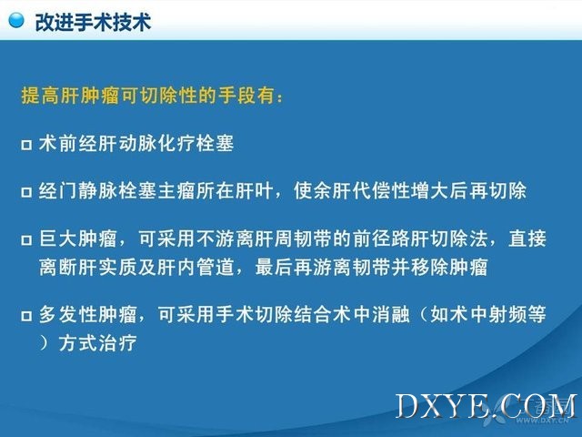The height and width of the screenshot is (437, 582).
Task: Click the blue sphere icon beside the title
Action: pos(16,20)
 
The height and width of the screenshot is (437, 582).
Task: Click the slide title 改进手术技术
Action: pos(93,22)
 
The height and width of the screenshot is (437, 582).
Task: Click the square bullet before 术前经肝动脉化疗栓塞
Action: pos(26,145)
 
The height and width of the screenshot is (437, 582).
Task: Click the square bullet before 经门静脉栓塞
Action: pos(26,192)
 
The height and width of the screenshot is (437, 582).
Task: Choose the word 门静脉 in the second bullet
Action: pos(88,190)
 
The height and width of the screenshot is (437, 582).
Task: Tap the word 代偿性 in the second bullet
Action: pos(381,190)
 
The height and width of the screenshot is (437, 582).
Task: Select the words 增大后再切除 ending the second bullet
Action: pos(468,190)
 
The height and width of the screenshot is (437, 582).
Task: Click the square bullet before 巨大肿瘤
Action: pos(26,239)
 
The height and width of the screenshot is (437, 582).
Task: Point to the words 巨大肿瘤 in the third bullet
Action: pos(78,239)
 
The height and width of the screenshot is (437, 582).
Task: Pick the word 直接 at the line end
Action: pos(527,239)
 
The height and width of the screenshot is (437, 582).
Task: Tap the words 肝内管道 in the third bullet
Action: pos(196,267)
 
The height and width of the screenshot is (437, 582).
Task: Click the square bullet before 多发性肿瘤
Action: pos(26,316)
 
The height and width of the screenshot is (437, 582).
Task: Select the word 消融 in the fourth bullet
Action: pos(390,314)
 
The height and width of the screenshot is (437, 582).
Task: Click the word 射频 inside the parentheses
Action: pos(508,314)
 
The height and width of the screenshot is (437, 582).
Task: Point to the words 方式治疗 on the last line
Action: pos(97,343)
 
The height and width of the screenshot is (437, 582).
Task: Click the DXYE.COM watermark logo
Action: pos(487,406)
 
